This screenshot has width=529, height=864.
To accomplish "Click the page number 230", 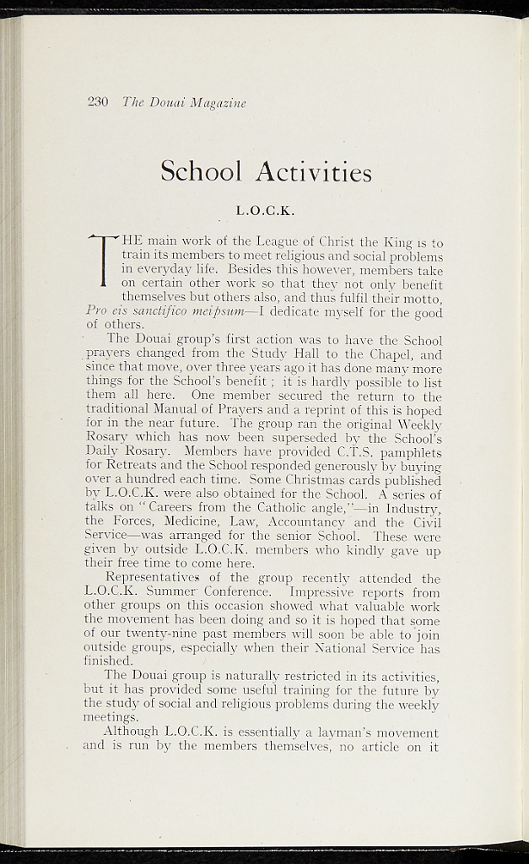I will click(98, 102).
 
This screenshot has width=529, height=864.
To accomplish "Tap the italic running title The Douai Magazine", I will click(184, 103).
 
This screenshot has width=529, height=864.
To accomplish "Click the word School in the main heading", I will click(201, 172).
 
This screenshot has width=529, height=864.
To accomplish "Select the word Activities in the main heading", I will click(316, 172).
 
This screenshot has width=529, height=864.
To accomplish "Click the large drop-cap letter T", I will click(103, 260).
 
